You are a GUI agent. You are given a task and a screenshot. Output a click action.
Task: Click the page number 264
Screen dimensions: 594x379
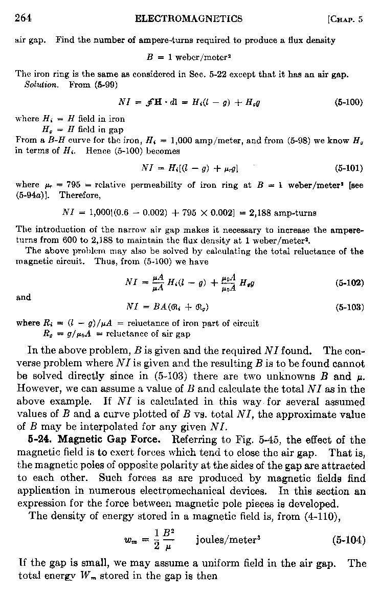click(23, 19)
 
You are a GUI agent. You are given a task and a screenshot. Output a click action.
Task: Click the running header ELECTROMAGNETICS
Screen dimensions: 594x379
click(188, 19)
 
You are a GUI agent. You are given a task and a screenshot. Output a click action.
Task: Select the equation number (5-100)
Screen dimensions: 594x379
click(348, 102)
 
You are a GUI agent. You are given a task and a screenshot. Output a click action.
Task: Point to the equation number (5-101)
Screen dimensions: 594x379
click(348, 167)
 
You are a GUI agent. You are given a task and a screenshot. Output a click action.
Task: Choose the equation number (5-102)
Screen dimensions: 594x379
click(348, 283)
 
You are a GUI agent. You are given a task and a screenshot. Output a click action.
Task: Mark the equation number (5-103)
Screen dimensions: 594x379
click(348, 307)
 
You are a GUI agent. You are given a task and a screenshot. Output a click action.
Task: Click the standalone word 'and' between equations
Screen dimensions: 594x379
click(24, 297)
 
